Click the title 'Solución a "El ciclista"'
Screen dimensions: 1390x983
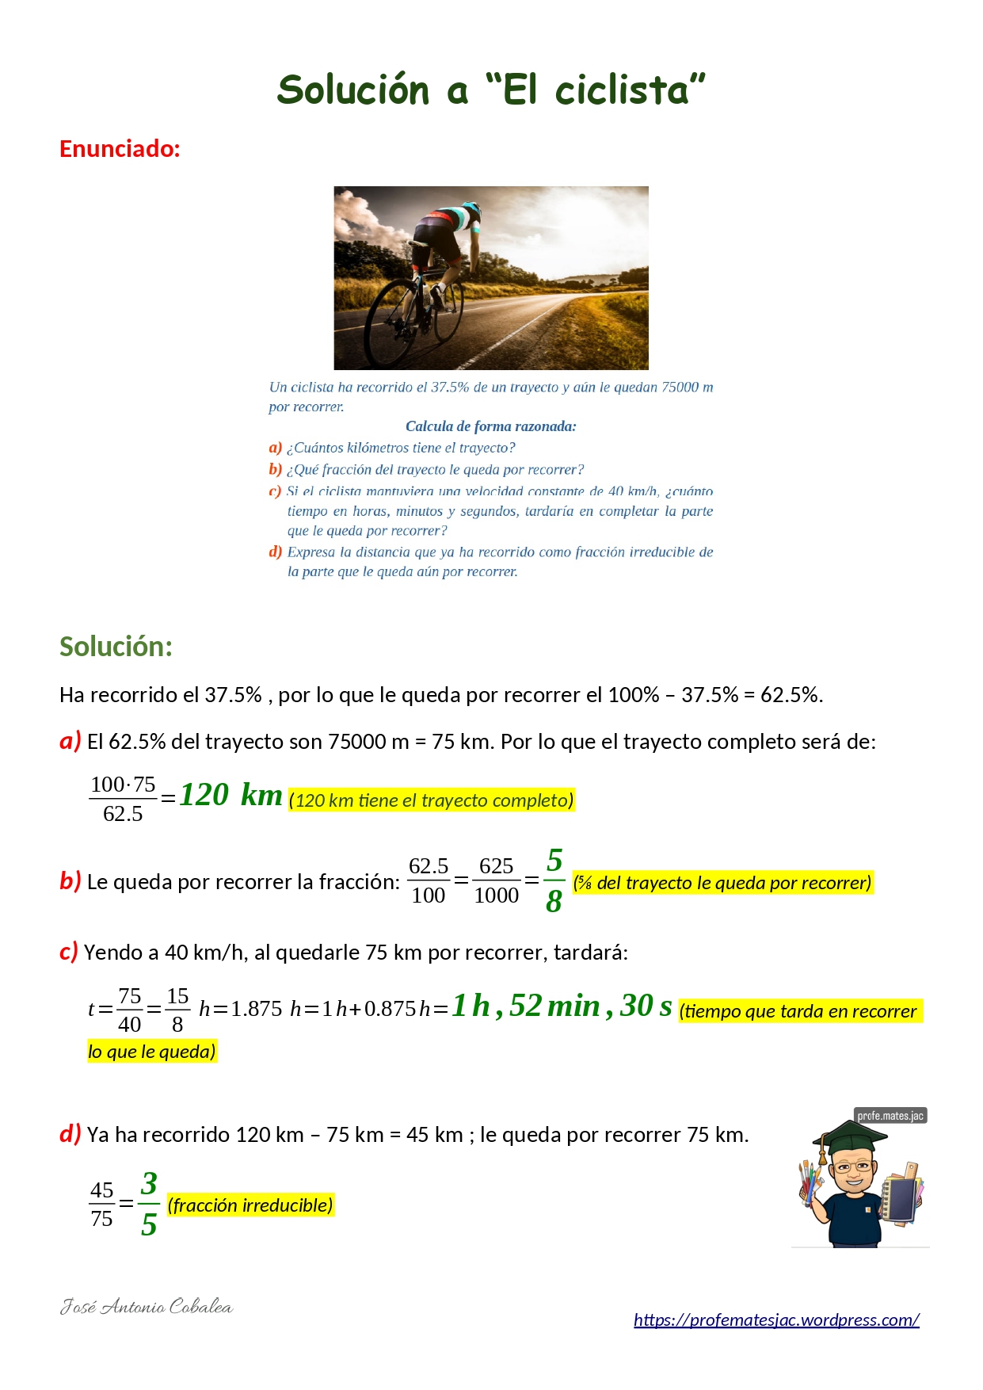pyautogui.click(x=491, y=90)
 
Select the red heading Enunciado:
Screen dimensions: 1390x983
pyautogui.click(x=120, y=149)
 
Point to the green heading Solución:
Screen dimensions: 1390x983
pyautogui.click(x=116, y=647)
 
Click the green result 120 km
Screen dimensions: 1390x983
pyautogui.click(x=231, y=795)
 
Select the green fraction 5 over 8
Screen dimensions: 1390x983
pyautogui.click(x=554, y=880)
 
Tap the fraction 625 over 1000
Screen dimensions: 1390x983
pyautogui.click(x=497, y=880)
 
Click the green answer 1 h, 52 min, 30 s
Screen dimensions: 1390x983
pyautogui.click(x=562, y=1006)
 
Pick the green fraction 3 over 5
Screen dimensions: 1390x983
pyautogui.click(x=149, y=1204)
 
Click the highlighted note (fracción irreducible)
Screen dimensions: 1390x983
pyautogui.click(x=250, y=1205)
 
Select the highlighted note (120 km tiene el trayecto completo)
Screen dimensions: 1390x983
pyautogui.click(x=432, y=800)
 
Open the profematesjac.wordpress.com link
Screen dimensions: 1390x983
pyautogui.click(x=776, y=1319)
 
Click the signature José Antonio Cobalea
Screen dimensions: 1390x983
pyautogui.click(x=147, y=1307)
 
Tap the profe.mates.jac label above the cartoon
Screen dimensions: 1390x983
pyautogui.click(x=890, y=1116)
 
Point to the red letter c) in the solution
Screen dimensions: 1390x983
pyautogui.click(x=69, y=952)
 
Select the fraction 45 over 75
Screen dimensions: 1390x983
pyautogui.click(x=102, y=1204)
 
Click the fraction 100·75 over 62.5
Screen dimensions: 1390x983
pyautogui.click(x=123, y=799)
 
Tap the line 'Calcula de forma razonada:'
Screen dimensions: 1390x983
pyautogui.click(x=491, y=426)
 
